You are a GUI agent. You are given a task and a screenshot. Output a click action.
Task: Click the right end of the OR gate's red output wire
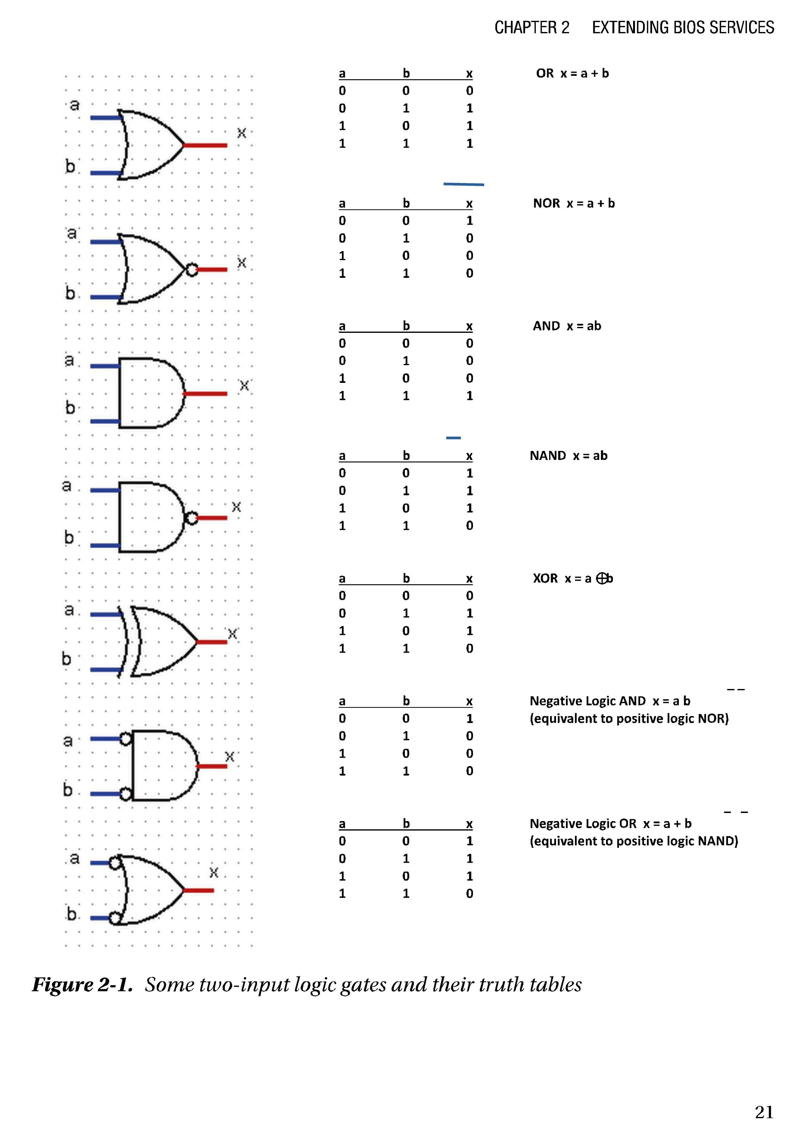pyautogui.click(x=227, y=145)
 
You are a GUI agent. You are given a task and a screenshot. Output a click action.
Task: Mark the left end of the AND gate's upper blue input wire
pyautogui.click(x=91, y=366)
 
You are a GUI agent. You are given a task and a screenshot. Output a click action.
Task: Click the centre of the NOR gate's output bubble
pyautogui.click(x=192, y=269)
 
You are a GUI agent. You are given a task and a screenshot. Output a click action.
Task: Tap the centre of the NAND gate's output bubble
pyautogui.click(x=191, y=518)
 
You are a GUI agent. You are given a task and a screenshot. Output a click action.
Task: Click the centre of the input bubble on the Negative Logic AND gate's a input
pyautogui.click(x=126, y=739)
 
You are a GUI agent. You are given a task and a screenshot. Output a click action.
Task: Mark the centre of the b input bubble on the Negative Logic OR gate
pyautogui.click(x=115, y=918)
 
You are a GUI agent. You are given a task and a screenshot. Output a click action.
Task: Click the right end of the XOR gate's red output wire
pyautogui.click(x=227, y=642)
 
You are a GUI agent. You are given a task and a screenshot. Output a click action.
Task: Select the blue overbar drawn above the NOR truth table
pyautogui.click(x=464, y=184)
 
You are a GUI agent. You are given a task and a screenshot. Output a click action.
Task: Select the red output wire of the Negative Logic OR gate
pyautogui.click(x=198, y=890)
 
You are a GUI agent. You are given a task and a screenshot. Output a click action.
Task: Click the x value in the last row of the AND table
pyautogui.click(x=470, y=396)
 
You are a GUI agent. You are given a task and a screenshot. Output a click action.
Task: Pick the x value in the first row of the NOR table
pyautogui.click(x=470, y=221)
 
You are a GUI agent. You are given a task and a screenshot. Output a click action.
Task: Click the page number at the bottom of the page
pyautogui.click(x=764, y=1112)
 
